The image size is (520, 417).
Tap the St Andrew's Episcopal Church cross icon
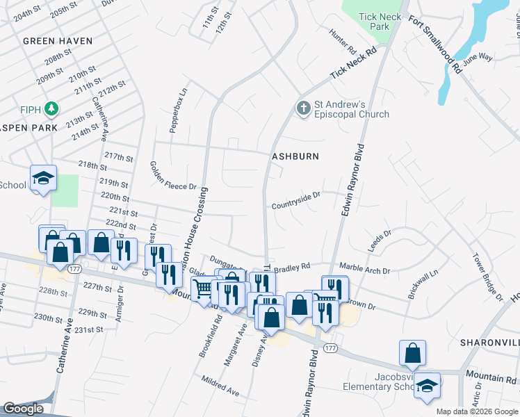[302, 108]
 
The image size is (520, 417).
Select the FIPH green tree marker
[51, 109]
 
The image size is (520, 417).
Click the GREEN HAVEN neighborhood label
[58, 41]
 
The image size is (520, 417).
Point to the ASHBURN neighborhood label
[295, 156]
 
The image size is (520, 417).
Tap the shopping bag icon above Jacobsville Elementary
[413, 352]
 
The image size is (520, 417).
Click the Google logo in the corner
[24, 409]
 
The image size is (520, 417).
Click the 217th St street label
[119, 156]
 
